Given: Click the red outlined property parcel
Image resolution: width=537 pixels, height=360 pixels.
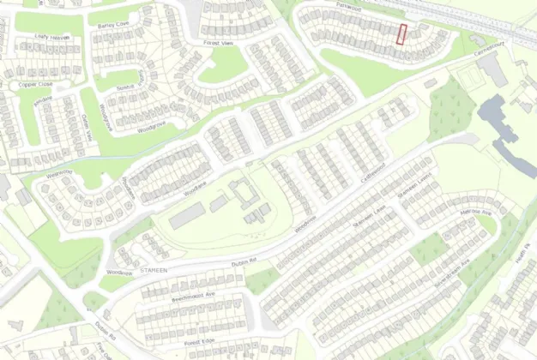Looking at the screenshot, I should [x=401, y=34].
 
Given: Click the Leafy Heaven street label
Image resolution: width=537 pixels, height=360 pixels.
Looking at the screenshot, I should [x=53, y=38].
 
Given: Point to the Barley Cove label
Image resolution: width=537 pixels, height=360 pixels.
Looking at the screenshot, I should [x=112, y=26].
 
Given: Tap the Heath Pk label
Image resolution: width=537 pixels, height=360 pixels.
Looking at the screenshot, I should [x=520, y=255].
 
